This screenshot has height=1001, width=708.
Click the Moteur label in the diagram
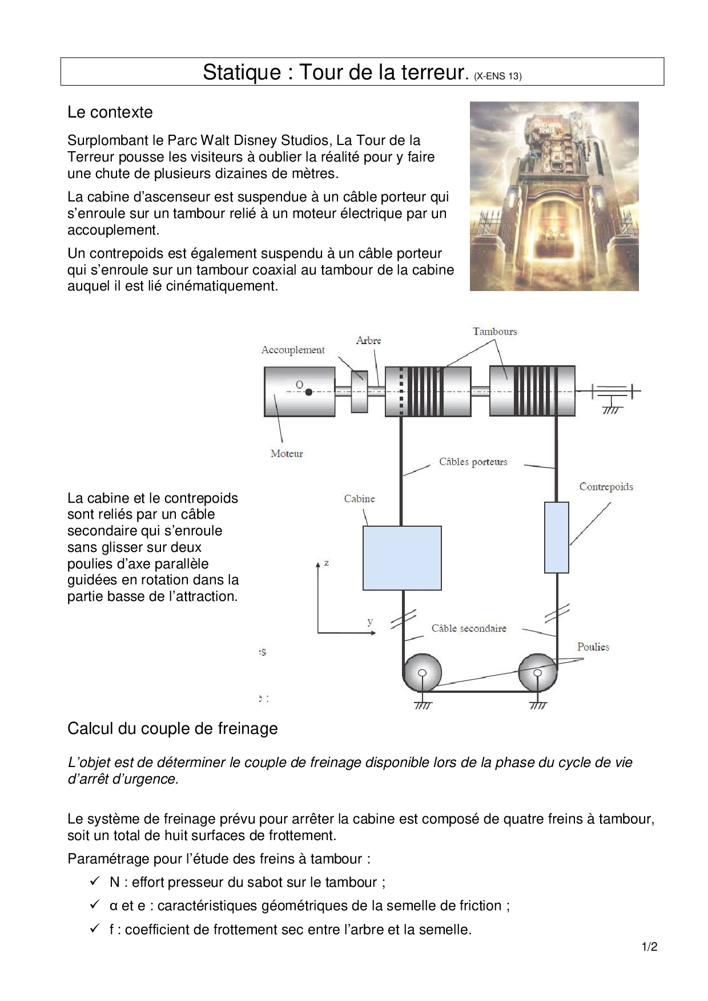(x=287, y=454)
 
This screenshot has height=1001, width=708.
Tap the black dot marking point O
(x=308, y=392)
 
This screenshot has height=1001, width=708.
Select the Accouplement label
(x=293, y=350)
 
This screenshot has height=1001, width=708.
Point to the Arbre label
(x=368, y=341)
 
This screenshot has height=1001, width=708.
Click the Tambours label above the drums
(x=494, y=332)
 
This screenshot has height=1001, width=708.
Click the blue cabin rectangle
(x=402, y=558)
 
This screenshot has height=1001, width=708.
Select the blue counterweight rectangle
(x=556, y=537)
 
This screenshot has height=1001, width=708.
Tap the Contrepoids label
(x=606, y=487)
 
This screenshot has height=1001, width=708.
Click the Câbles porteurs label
(x=473, y=462)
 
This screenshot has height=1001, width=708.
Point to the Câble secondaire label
(x=469, y=628)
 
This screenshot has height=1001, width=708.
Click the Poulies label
(x=593, y=647)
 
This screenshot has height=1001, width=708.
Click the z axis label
(x=327, y=563)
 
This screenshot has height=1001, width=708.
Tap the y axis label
(x=370, y=621)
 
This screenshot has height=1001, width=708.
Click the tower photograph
(x=554, y=196)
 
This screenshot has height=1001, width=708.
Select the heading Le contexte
(x=110, y=112)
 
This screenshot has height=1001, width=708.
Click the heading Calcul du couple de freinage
(x=172, y=729)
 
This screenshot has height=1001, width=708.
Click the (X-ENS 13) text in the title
(x=497, y=76)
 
